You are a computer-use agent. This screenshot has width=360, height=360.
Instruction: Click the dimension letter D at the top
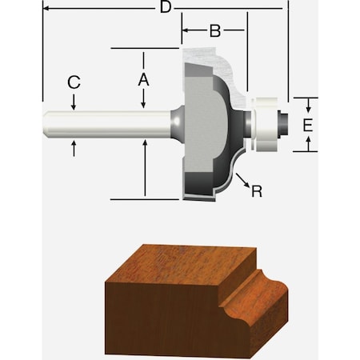coord(166,8)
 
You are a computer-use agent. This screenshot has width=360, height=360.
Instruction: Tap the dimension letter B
coord(214,31)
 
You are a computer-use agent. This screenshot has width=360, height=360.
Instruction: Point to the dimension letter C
coord(74,82)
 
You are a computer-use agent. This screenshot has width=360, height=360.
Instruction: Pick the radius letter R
coord(256,191)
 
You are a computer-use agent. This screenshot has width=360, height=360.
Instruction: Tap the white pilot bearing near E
coord(263,124)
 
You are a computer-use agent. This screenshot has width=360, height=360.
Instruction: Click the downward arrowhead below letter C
coord(74,105)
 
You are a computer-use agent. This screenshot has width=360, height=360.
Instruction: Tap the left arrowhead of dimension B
coord(186,32)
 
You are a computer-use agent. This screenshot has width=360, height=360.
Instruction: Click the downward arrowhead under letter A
coord(144,104)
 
